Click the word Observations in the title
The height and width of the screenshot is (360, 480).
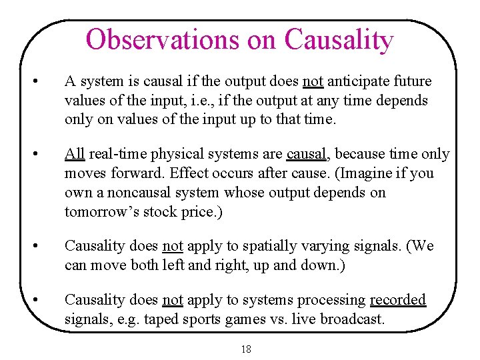click(x=162, y=40)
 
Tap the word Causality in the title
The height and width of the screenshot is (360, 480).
click(x=339, y=40)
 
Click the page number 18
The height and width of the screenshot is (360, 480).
click(x=246, y=349)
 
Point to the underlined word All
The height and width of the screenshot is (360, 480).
click(x=74, y=154)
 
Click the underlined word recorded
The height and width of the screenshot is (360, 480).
click(x=397, y=300)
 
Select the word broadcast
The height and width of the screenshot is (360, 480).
click(x=352, y=319)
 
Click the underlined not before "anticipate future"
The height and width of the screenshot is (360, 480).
click(x=313, y=81)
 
